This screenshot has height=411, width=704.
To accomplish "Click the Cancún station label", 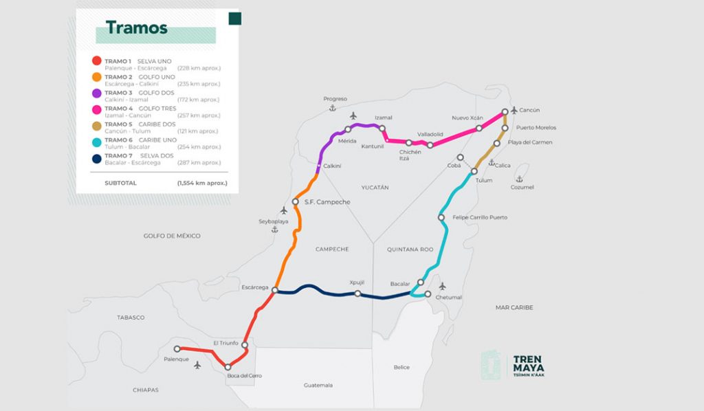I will (x=529, y=110).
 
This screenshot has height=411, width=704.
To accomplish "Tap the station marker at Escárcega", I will (x=274, y=291).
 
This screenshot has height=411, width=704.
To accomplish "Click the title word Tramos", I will (x=136, y=28).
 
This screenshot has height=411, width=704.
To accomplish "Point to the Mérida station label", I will (x=348, y=140).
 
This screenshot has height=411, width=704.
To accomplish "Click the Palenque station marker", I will (x=177, y=348).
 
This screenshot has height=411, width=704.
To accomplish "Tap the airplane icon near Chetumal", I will (x=442, y=286).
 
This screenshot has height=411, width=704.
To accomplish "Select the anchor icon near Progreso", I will (x=331, y=109).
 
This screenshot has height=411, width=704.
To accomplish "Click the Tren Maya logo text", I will (x=529, y=366).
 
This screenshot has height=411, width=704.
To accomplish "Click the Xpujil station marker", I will (x=357, y=293).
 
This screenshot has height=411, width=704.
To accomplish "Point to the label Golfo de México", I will (x=172, y=236).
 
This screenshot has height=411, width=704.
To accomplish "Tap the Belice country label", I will (x=401, y=367).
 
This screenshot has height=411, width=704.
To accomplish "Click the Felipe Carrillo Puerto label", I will (x=479, y=217).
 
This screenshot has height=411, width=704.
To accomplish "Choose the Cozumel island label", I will (x=522, y=187).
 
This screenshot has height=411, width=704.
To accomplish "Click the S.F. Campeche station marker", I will (x=296, y=201).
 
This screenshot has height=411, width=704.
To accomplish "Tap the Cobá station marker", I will (x=460, y=157).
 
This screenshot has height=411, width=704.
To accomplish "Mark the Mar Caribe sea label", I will (x=514, y=307).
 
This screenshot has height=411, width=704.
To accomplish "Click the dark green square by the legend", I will (x=235, y=19).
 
